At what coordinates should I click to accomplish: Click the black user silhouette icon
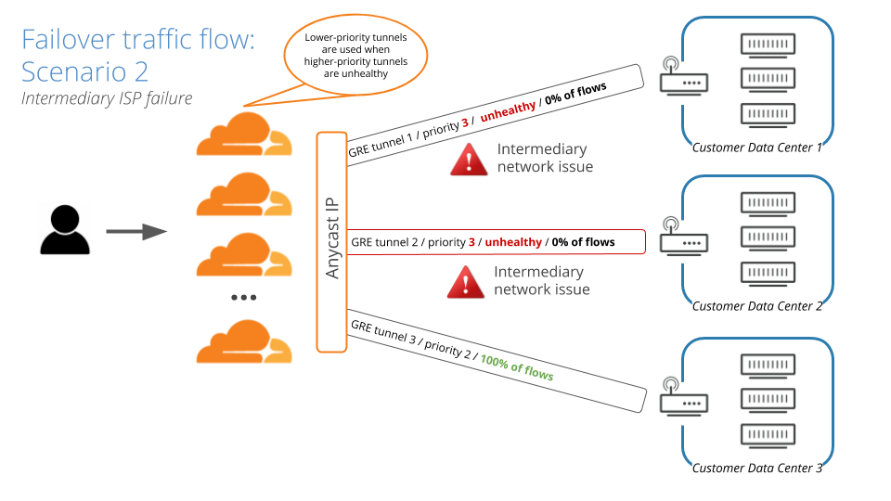click(x=64, y=229)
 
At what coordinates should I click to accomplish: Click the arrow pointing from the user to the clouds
click(x=136, y=231)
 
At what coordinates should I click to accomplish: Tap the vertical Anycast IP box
click(x=331, y=241)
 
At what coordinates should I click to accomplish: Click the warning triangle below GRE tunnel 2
click(x=466, y=281)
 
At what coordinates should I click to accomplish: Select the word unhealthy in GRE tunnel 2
click(x=513, y=242)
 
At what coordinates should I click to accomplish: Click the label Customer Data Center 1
click(x=757, y=148)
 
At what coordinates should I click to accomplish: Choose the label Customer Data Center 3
click(x=757, y=469)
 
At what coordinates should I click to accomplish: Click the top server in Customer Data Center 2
click(x=769, y=203)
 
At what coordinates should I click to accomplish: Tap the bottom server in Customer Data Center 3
click(x=769, y=434)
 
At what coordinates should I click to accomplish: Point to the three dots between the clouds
click(x=243, y=298)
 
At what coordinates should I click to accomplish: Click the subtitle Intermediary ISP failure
click(x=106, y=97)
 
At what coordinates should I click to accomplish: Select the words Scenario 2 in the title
click(x=84, y=71)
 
